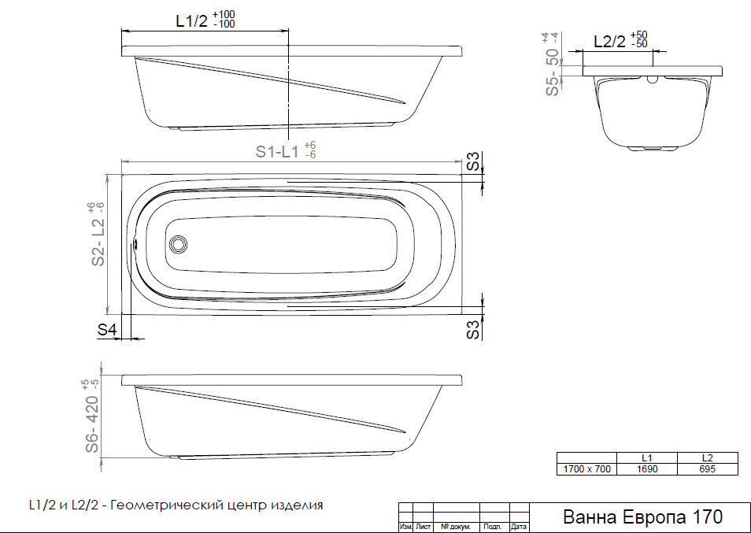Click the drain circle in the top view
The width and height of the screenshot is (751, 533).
click(179, 244)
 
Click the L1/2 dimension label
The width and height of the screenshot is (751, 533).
click(192, 21)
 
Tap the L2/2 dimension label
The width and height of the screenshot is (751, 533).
click(610, 42)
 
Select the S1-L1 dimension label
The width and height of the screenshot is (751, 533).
click(277, 151)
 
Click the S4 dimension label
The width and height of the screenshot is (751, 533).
click(107, 329)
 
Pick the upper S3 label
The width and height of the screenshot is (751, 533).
click(473, 161)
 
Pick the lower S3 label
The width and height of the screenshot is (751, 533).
click(473, 329)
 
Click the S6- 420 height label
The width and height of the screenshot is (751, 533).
click(92, 424)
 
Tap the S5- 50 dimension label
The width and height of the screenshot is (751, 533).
click(553, 72)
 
